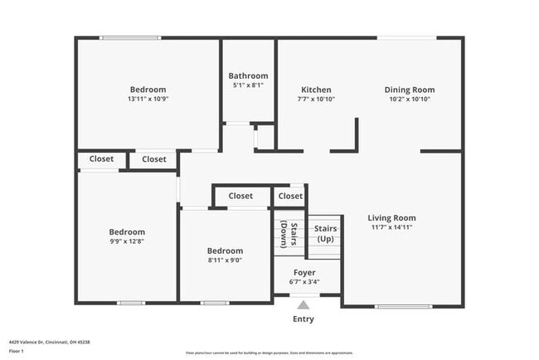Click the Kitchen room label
(x=316, y=90)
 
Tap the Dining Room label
(x=409, y=90)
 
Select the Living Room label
(x=391, y=218)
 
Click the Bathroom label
(x=248, y=75)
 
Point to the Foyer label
(x=304, y=272)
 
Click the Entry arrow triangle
(x=303, y=304)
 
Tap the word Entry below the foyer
(x=303, y=319)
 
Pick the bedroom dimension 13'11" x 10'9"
(x=148, y=99)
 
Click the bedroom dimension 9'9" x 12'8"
(x=127, y=241)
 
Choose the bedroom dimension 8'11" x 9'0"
(x=225, y=260)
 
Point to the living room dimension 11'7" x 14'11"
(x=391, y=227)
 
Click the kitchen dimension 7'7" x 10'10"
(x=316, y=99)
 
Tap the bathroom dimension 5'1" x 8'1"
(x=248, y=85)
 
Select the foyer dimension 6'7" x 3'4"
(x=304, y=281)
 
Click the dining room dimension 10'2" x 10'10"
(x=409, y=99)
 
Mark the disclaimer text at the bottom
(x=269, y=353)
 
